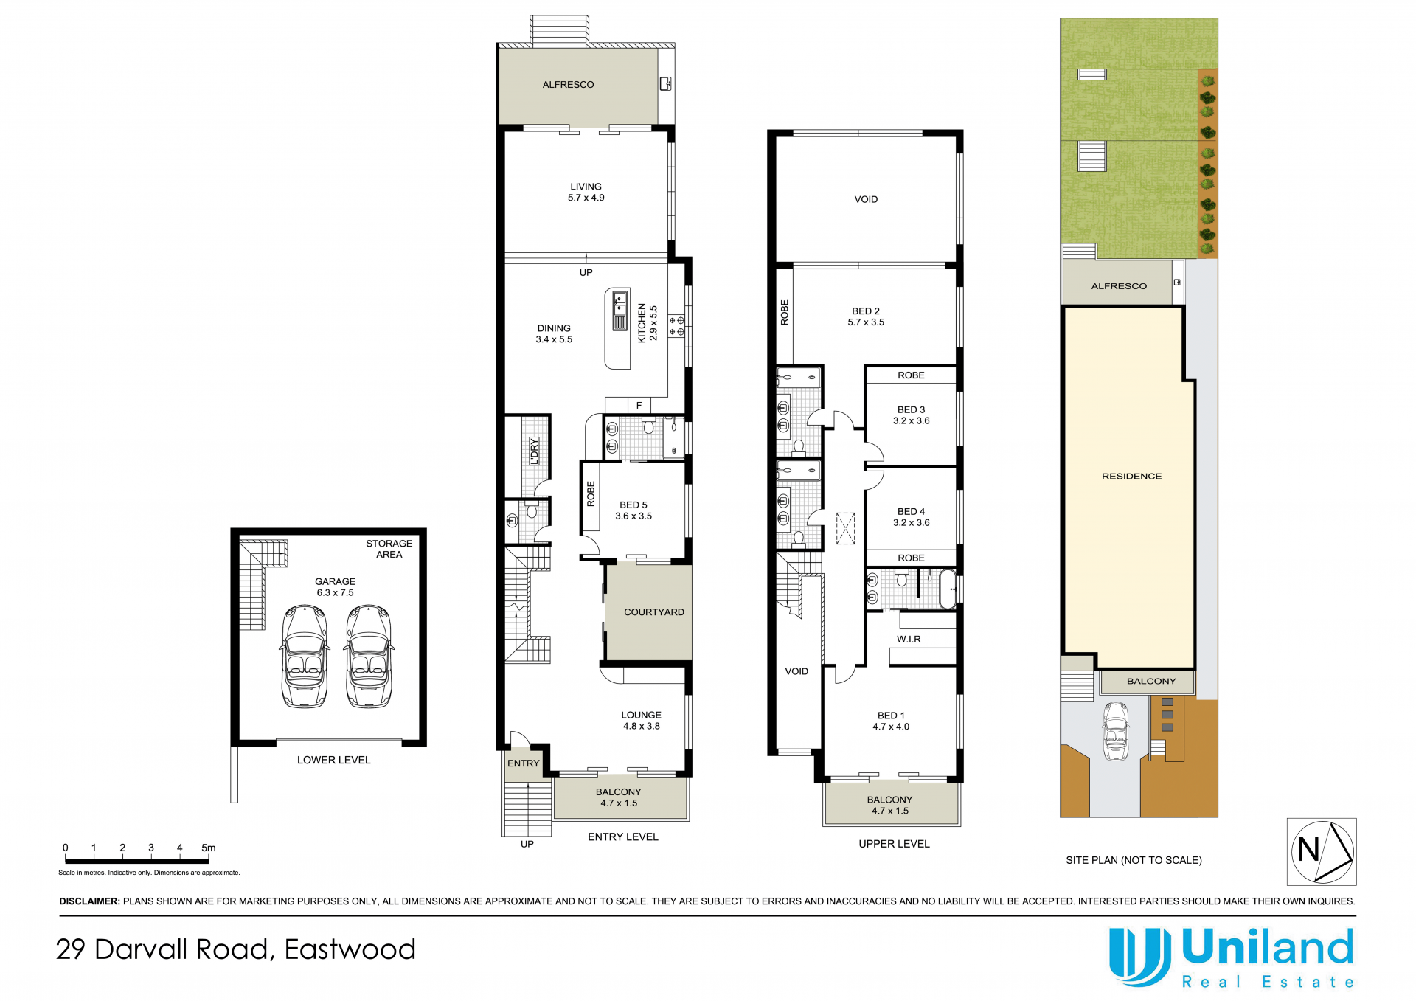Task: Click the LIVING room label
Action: tap(586, 187)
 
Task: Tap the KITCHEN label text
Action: tap(642, 322)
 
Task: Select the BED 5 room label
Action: tap(634, 505)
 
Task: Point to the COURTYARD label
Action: tap(654, 612)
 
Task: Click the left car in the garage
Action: tap(305, 657)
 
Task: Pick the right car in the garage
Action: tap(369, 657)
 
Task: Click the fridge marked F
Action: tap(639, 405)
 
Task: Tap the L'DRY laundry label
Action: tap(535, 451)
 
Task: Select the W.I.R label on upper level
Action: tap(909, 639)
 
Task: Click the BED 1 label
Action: tap(891, 716)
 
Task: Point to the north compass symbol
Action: tap(1322, 851)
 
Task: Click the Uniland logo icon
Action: tap(1139, 957)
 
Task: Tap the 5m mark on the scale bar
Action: tap(209, 848)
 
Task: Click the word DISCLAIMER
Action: tap(89, 901)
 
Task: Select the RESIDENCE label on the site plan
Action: tap(1131, 477)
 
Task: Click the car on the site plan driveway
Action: tap(1116, 731)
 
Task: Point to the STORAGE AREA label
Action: tap(389, 549)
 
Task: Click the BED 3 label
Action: tap(911, 409)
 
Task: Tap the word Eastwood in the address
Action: tap(350, 949)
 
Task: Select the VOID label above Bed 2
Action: tap(866, 199)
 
